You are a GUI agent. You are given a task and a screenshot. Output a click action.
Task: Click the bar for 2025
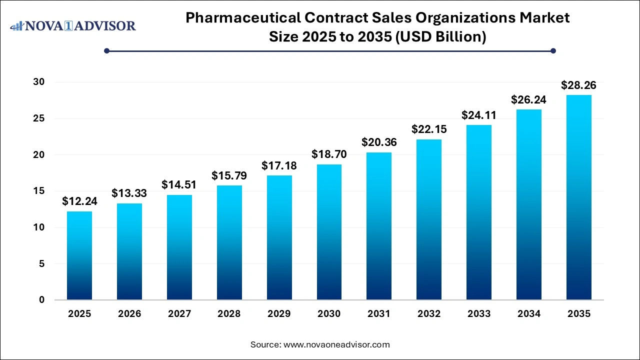coord(79,255)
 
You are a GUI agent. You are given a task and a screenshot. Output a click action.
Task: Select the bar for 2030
coord(329,232)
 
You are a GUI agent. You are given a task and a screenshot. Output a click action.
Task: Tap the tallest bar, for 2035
coord(578,197)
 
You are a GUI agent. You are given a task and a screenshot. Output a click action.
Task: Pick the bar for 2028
coord(229,242)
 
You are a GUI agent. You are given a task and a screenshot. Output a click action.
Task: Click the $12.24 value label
coord(79,201)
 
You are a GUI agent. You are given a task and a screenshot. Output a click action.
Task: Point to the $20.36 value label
coord(379,142)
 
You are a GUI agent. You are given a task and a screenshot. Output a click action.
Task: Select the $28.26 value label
coord(578,85)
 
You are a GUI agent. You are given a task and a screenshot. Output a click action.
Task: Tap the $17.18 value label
coord(279,165)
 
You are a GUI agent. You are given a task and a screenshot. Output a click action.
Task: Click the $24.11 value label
coord(479,115)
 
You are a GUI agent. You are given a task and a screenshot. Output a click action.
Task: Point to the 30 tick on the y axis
coord(38,82)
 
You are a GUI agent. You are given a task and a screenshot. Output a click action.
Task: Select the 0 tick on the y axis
coord(42,300)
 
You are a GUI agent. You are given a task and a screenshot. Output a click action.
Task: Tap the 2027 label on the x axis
coord(179,314)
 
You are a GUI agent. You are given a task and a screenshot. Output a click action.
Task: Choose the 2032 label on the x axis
coord(429,314)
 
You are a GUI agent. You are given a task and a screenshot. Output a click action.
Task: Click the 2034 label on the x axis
coord(529,314)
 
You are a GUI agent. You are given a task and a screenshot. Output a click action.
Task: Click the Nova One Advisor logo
coord(73,25)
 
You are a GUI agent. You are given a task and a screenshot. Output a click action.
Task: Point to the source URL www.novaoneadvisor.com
coord(336,344)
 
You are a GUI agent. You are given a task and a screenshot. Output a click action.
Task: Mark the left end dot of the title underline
coord(106,50)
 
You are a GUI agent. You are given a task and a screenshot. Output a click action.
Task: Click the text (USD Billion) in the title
coord(440,37)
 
